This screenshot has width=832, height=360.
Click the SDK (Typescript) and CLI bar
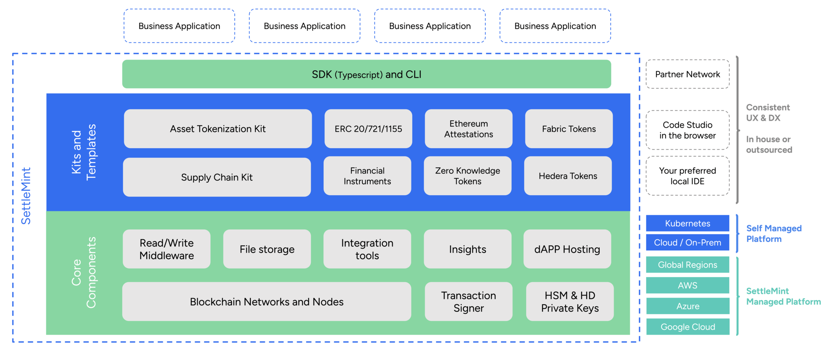click(x=366, y=74)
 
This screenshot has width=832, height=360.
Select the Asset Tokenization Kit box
click(x=218, y=129)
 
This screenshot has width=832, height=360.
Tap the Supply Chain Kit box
click(x=217, y=177)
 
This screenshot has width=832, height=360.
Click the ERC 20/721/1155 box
click(x=368, y=129)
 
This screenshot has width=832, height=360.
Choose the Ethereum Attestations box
click(x=468, y=129)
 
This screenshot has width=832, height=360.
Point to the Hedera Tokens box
click(x=568, y=176)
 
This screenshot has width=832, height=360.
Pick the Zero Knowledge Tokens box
click(x=468, y=176)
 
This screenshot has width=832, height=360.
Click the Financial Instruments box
click(x=367, y=176)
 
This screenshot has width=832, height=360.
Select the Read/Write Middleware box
click(x=166, y=249)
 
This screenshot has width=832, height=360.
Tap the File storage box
click(x=267, y=249)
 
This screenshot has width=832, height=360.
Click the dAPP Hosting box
click(x=567, y=249)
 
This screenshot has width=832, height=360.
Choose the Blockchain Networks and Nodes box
click(x=267, y=301)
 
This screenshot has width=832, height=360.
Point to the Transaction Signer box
click(x=468, y=301)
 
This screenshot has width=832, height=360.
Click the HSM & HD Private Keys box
click(x=570, y=301)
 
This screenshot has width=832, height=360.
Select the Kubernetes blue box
click(x=687, y=223)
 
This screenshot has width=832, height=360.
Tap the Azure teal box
click(x=688, y=306)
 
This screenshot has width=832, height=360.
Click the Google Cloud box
click(x=688, y=327)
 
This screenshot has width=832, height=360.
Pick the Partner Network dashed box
click(x=687, y=74)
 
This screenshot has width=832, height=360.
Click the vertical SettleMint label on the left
click(x=26, y=196)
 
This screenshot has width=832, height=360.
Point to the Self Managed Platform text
click(x=773, y=233)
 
